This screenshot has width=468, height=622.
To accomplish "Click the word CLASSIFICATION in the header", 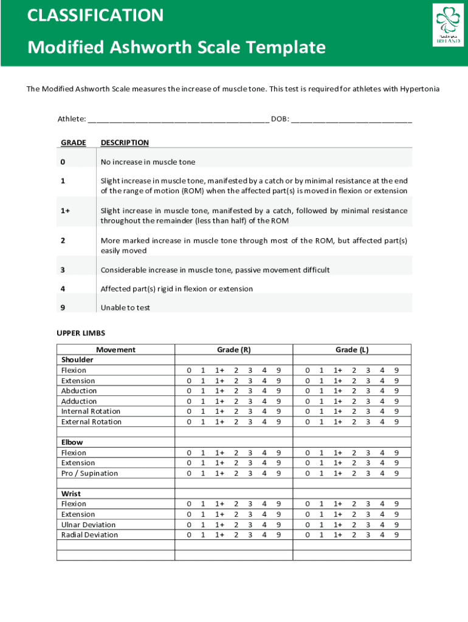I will point(95,15).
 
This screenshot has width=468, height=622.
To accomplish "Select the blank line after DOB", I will point(351,119).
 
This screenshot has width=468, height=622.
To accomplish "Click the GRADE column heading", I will point(74,143).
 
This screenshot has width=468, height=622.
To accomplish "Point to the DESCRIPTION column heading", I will point(125,143).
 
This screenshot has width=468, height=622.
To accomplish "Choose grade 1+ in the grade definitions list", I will point(65,210).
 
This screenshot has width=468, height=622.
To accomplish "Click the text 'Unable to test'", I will point(125,308).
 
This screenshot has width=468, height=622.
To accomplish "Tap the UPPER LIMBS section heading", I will point(81,333).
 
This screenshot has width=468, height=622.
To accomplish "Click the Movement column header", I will point(115,350).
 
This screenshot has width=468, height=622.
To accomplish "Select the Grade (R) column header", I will point(234,350).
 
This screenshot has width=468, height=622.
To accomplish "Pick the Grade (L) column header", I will point(352,350).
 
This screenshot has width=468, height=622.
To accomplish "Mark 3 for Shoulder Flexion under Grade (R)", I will point(250,371).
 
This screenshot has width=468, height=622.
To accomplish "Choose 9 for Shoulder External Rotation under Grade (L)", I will point(397,422).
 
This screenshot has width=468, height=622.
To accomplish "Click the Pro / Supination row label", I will point(89,473).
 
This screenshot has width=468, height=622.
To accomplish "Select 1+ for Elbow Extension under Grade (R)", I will point(219,463).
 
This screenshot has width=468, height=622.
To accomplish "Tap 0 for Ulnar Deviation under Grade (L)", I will point(308,525).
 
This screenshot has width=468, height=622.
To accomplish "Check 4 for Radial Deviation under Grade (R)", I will point(264,535).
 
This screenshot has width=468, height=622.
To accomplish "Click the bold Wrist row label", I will point(71,494).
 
